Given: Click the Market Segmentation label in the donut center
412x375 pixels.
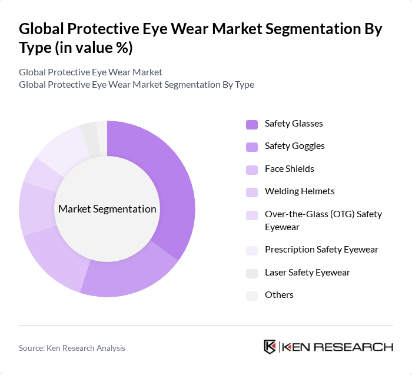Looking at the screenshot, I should (x=107, y=209).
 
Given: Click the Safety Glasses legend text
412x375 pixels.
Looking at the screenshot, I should (x=294, y=124).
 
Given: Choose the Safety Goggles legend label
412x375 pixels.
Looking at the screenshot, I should (x=295, y=146).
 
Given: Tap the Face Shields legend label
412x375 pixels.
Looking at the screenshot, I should (x=290, y=169).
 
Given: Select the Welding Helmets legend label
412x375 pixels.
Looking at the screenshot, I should (x=300, y=191).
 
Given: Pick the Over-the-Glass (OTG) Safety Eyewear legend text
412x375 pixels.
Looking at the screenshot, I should (x=323, y=220).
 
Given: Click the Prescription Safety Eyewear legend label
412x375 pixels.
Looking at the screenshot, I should (x=321, y=250).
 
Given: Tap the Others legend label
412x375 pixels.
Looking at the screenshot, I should (x=279, y=295).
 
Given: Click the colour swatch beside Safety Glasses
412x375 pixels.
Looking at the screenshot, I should (x=251, y=124).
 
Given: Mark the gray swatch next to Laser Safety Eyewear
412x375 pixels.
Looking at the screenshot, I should (x=251, y=273).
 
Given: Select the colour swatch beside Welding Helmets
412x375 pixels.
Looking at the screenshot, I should (x=251, y=192).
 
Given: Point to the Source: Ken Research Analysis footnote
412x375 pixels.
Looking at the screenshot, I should (x=72, y=348).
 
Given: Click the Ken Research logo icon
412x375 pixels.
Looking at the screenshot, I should (x=270, y=347).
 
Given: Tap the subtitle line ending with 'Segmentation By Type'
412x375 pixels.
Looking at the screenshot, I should (x=137, y=84).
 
